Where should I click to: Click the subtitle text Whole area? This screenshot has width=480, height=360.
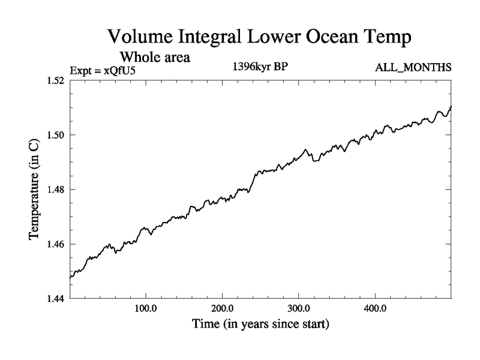tap(155, 58)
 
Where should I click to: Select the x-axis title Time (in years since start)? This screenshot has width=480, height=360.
tap(260, 325)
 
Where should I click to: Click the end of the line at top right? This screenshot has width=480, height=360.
tap(451, 106)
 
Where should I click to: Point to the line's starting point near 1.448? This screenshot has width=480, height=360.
tap(70, 277)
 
